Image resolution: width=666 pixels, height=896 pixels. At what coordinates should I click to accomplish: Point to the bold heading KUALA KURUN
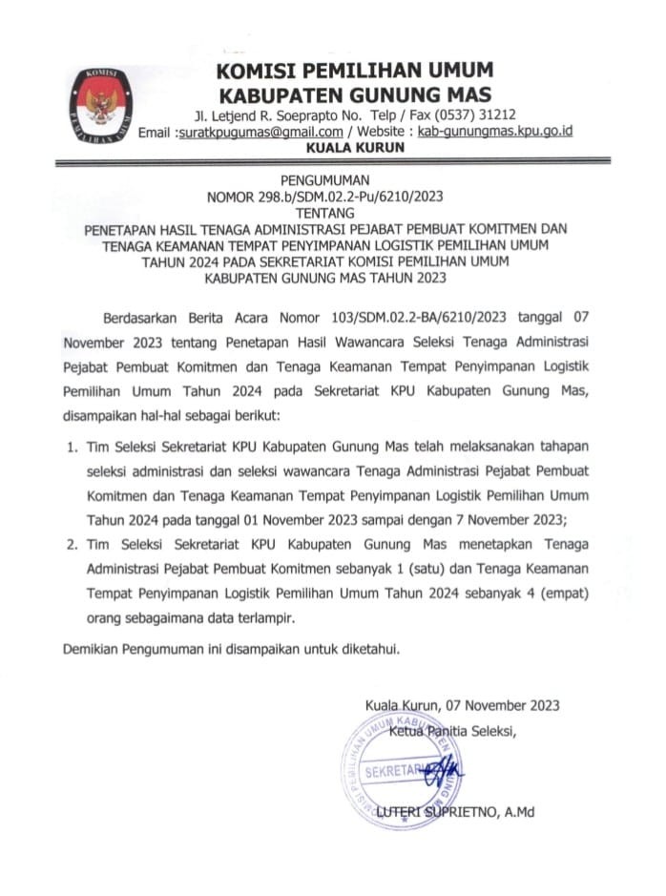(x=354, y=148)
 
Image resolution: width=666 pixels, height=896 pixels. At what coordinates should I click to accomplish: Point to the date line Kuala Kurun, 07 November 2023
(x=462, y=706)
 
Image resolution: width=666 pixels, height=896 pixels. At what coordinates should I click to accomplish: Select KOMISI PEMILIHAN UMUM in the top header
(x=354, y=70)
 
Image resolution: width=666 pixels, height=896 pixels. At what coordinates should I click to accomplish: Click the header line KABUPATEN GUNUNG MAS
(x=354, y=94)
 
